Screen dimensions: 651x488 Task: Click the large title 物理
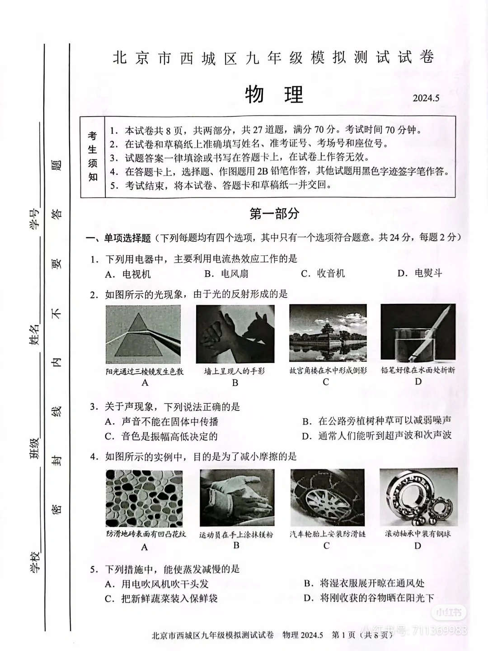[x=274, y=95]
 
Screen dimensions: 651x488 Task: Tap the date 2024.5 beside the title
[x=426, y=98]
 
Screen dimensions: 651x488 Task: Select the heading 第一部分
[x=274, y=214]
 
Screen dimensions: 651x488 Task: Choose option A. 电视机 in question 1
[x=128, y=274]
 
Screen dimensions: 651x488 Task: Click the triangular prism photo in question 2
[x=143, y=334]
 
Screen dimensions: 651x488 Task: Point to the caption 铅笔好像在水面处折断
[x=418, y=370]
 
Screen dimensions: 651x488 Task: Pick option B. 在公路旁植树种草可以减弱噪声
[x=377, y=421]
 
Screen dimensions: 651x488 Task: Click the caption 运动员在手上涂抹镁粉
[x=236, y=534]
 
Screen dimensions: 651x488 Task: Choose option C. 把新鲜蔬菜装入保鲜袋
[x=161, y=598]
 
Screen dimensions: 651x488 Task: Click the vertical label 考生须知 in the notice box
[x=93, y=156]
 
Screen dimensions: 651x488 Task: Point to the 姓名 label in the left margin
[x=34, y=335]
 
